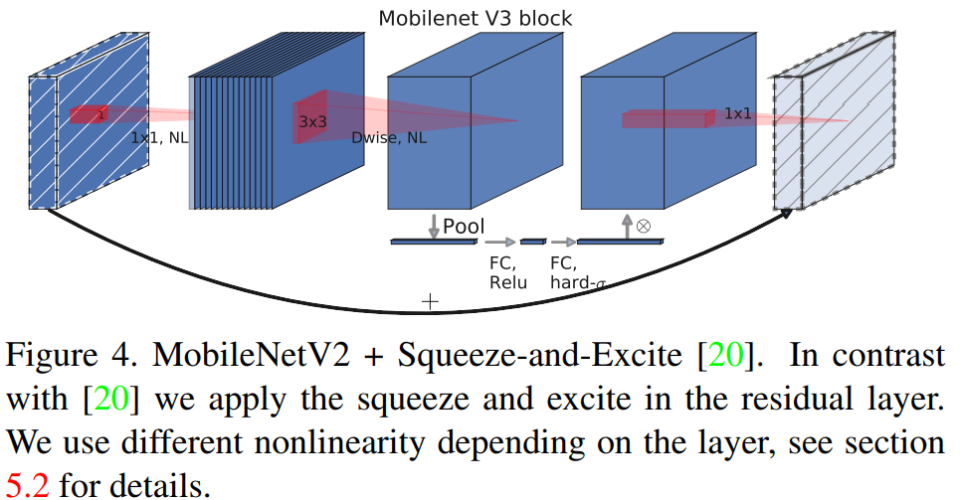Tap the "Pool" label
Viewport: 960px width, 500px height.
464,227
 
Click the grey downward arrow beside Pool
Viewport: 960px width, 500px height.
434,224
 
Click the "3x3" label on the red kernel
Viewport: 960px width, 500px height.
312,121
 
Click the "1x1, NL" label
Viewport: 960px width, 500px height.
159,138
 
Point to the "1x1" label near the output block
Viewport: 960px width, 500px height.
737,113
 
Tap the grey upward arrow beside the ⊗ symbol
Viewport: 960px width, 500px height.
626,225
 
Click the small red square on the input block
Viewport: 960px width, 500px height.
89,114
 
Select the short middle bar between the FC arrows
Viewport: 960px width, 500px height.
533,242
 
